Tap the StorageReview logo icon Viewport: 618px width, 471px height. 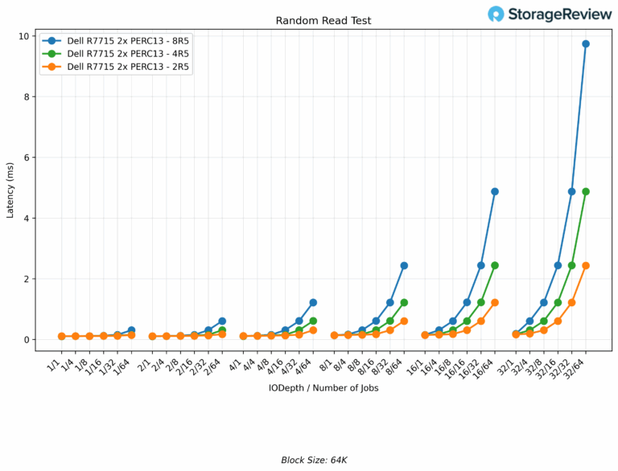496,14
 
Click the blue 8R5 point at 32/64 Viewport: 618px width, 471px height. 585,43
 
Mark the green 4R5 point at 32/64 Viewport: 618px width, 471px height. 585,191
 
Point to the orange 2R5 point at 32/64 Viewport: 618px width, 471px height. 585,265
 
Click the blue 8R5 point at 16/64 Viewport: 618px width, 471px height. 494,191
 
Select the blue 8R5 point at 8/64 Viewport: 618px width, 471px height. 404,265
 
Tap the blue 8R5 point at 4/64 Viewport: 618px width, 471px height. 313,302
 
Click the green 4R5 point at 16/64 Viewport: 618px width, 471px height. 494,265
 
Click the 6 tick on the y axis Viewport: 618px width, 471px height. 27,158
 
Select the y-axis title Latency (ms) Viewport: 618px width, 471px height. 10,193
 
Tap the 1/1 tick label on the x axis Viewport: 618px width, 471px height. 55,366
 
